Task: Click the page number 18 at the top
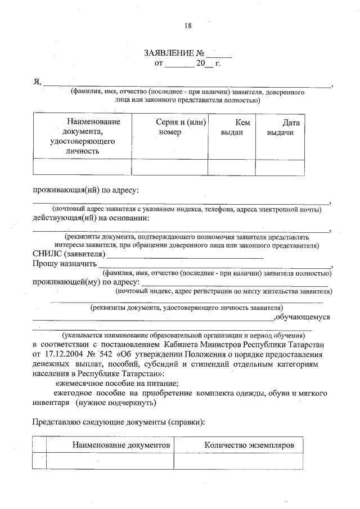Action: point(188,25)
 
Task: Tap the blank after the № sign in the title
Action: point(219,55)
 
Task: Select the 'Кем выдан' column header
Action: point(231,127)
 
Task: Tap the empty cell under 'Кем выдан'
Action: point(231,168)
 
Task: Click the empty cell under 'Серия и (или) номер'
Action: point(170,168)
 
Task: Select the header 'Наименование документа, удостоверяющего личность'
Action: point(83,136)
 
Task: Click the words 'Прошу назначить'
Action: point(64,264)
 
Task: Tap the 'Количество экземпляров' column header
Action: point(242,444)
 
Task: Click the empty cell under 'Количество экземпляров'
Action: point(242,460)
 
